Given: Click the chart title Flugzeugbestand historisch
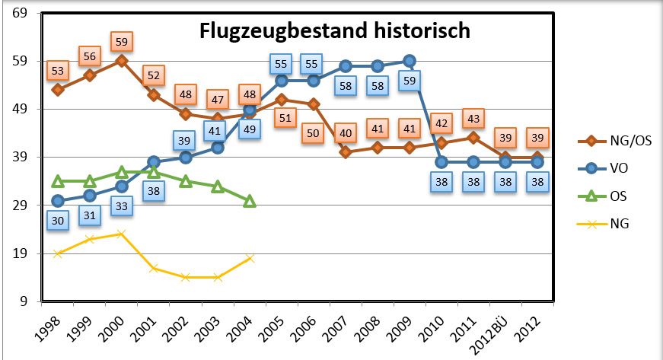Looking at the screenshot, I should point(335,32).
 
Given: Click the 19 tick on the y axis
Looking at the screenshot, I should point(21,253).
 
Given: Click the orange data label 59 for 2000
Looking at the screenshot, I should point(122,41).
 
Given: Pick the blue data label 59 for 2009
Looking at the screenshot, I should point(410,80).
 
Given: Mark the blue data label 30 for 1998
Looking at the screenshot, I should point(58,220).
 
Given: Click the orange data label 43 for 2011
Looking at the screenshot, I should point(473,119).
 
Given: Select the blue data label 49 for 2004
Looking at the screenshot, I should point(250,129).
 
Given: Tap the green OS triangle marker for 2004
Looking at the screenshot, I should point(250,201).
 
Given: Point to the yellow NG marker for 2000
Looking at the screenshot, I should point(122,234).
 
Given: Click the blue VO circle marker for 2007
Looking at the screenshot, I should point(346,66).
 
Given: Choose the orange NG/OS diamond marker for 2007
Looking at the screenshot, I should point(346,151).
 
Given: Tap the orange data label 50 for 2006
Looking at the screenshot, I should point(314,132).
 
